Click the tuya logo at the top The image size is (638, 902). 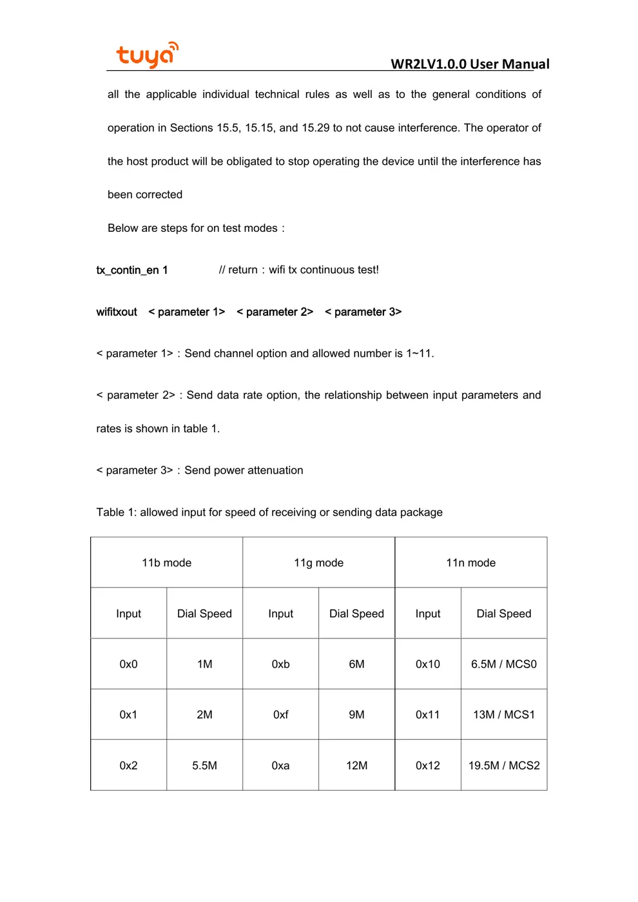tap(147, 55)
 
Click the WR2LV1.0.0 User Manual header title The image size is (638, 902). tap(470, 64)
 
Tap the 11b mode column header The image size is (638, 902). tap(166, 562)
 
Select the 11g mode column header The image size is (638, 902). tap(318, 562)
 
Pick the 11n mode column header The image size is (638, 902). tap(470, 562)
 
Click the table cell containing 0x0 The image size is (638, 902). tap(128, 664)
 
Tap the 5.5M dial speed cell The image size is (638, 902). tap(204, 765)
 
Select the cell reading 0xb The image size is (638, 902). tap(280, 664)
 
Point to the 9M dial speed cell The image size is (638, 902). tap(356, 715)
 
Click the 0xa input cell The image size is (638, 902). tap(280, 765)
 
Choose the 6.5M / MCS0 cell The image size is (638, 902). tap(503, 664)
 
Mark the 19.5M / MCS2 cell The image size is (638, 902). tap(503, 765)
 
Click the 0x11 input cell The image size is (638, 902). tap(427, 715)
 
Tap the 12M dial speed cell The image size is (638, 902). tap(356, 765)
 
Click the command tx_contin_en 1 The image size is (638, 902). tap(132, 270)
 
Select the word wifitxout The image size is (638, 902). tap(117, 312)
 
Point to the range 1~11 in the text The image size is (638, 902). tap(419, 354)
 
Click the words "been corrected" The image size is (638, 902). tap(145, 195)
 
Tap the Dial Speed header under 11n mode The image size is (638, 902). tap(503, 613)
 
